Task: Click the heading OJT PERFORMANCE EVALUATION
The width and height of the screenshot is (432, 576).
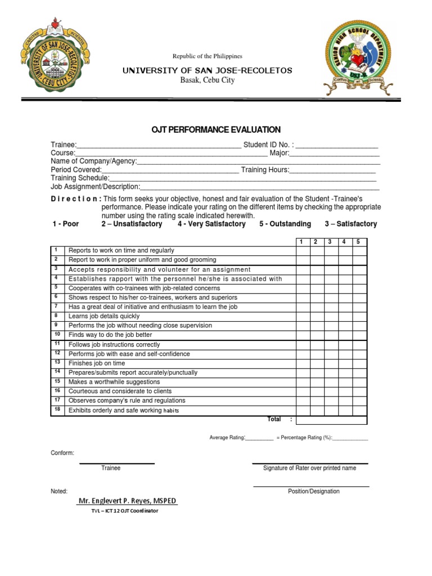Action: [x=216, y=130]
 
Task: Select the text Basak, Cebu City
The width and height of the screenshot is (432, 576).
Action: [x=208, y=80]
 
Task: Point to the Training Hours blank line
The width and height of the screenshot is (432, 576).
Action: [x=332, y=170]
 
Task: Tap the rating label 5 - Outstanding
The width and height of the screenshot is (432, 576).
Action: [x=285, y=224]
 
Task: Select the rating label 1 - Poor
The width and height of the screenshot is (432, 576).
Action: [x=66, y=224]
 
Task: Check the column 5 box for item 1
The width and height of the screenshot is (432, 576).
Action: [x=359, y=250]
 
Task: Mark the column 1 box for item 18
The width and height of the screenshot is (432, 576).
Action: [x=303, y=411]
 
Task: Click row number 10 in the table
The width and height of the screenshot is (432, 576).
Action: [x=57, y=335]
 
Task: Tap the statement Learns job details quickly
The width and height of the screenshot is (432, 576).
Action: [x=103, y=316]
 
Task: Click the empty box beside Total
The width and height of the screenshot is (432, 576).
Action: [x=331, y=420]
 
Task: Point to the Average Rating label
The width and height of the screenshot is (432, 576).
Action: [x=227, y=438]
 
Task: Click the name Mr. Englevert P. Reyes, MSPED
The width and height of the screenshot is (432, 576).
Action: [x=128, y=501]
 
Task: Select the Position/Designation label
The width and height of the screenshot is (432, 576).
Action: [x=313, y=491]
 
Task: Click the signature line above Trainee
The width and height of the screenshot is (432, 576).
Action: [x=116, y=463]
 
